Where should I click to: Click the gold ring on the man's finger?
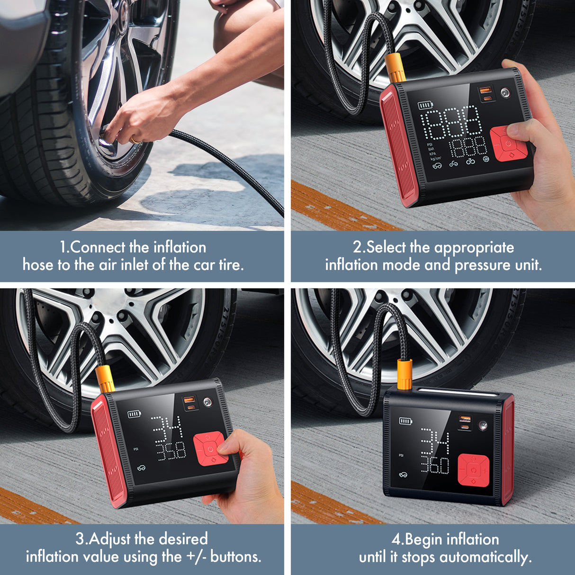pyautogui.click(x=135, y=140)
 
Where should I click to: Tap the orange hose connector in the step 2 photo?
pyautogui.click(x=395, y=68)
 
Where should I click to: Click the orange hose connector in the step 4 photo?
pyautogui.click(x=404, y=374)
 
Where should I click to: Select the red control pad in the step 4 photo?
pyautogui.click(x=473, y=470)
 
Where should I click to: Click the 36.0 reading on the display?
pyautogui.click(x=434, y=465)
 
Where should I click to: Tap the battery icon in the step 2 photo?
pyautogui.click(x=425, y=106)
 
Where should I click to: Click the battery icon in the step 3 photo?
pyautogui.click(x=134, y=414)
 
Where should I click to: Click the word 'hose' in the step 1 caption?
pyautogui.click(x=38, y=264)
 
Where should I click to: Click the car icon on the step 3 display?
pyautogui.click(x=141, y=468)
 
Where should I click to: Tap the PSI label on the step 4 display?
pyautogui.click(x=401, y=455)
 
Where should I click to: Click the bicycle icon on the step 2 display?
pyautogui.click(x=470, y=162)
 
